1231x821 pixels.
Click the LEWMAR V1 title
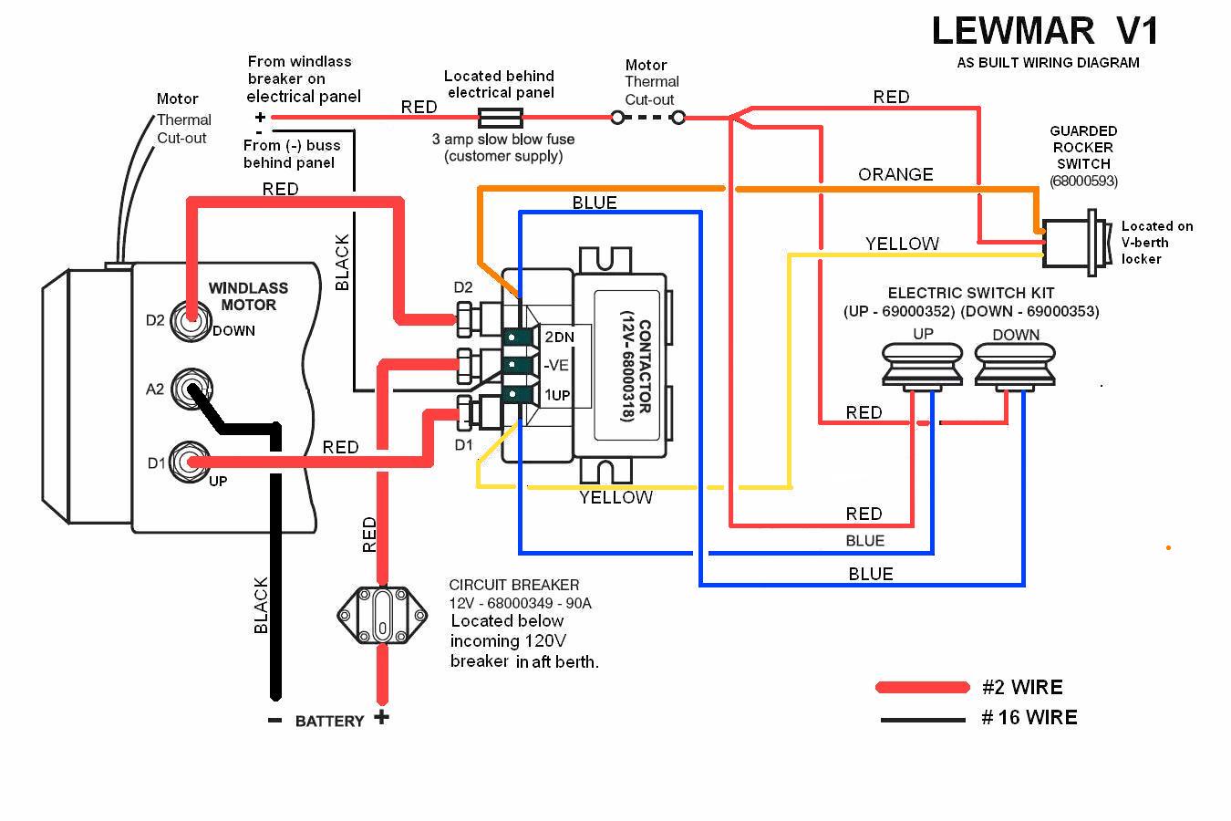coord(1045,31)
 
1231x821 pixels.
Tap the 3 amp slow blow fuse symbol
coord(500,117)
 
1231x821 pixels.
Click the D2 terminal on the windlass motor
coord(190,320)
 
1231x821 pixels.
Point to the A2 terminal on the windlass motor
coord(190,390)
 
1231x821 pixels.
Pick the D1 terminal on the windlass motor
coord(190,462)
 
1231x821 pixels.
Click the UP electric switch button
coord(923,366)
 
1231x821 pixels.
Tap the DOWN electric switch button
coord(1015,366)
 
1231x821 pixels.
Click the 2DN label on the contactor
coord(559,338)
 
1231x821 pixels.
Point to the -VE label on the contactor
coord(557,366)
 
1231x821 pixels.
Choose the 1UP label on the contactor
coord(558,395)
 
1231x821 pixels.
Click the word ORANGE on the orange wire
coord(895,174)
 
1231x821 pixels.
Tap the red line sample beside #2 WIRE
coord(922,687)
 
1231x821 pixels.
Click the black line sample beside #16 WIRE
coord(922,720)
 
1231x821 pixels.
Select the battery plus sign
coord(381,717)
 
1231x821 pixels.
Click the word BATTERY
coord(329,721)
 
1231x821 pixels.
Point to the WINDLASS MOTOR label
coord(248,296)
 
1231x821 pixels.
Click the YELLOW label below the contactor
coord(616,497)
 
